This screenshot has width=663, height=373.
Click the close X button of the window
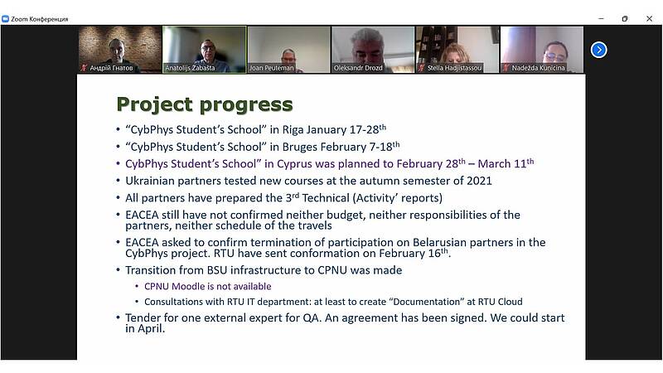click(649, 18)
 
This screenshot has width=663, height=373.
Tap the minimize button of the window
click(601, 18)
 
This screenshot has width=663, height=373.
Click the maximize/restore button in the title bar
click(625, 18)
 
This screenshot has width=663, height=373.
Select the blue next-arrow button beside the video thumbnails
click(598, 50)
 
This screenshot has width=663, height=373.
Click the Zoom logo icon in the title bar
click(5, 19)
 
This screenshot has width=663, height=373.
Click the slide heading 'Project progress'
click(205, 104)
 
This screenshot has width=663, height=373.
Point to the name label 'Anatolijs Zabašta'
click(190, 68)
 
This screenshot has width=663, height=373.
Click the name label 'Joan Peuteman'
click(272, 68)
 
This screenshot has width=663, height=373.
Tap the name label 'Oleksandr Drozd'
click(358, 68)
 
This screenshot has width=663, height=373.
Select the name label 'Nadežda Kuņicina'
click(538, 68)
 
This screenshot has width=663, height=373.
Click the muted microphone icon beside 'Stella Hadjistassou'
click(422, 68)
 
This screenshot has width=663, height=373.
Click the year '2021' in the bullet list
click(479, 181)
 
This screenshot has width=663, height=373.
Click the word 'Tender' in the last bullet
click(142, 317)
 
